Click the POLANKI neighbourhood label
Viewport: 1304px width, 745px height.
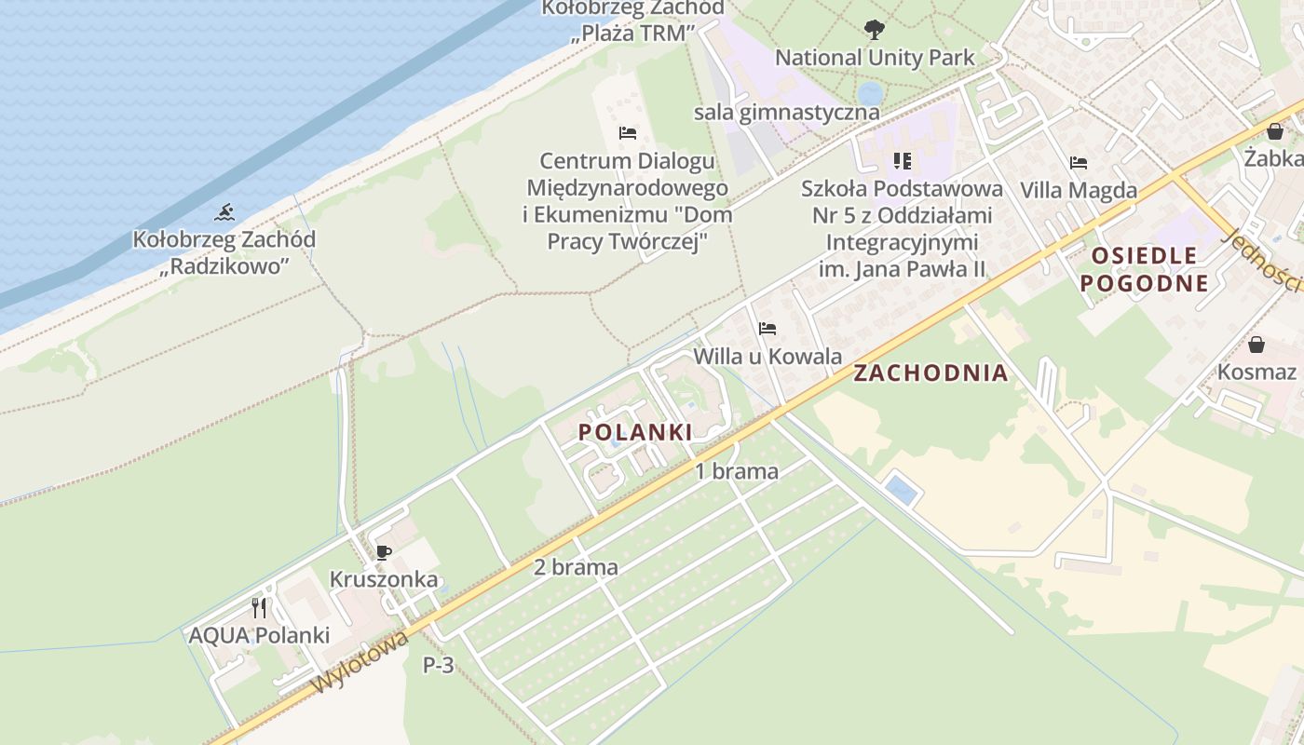[x=635, y=432]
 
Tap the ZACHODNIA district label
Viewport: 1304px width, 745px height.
[x=930, y=373]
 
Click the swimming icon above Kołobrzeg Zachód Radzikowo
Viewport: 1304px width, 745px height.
[x=224, y=213]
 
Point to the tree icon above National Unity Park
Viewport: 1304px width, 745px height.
[x=874, y=30]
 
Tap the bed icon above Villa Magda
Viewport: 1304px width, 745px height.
[x=1079, y=163]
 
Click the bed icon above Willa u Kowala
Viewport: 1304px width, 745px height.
[x=767, y=329]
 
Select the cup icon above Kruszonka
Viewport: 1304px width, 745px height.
[x=383, y=552]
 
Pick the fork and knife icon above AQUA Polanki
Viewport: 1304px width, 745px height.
[x=259, y=608]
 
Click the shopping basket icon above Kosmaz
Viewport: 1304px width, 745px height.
[x=1256, y=345]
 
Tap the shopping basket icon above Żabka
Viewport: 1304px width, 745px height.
[x=1275, y=131]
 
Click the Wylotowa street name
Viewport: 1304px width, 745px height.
[x=360, y=663]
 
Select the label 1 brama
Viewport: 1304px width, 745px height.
[x=737, y=471]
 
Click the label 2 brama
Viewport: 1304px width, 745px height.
[x=576, y=567]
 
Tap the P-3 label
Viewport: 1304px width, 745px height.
[x=439, y=665]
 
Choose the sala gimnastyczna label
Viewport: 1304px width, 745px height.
[x=786, y=113]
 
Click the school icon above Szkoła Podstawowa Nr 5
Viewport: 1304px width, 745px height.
[x=902, y=161]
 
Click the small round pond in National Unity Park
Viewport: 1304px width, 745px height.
[x=871, y=93]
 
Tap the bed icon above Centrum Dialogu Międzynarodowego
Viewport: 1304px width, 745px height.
[x=628, y=133]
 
